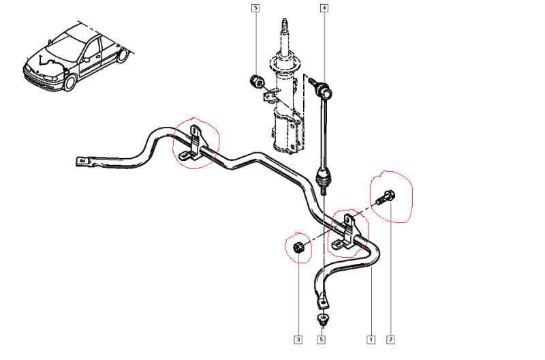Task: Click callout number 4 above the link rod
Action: (x=324, y=8)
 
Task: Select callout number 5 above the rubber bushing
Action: (x=255, y=8)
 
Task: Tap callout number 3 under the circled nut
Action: (x=298, y=338)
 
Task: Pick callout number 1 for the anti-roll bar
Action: (x=371, y=338)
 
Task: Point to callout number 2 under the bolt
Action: (x=391, y=338)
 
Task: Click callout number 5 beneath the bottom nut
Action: (x=322, y=338)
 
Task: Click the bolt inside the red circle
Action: (x=384, y=198)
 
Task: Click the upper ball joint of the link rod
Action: (x=323, y=87)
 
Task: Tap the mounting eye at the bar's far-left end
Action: (x=81, y=162)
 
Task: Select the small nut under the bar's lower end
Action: (x=322, y=318)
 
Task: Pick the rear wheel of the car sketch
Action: (x=122, y=55)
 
